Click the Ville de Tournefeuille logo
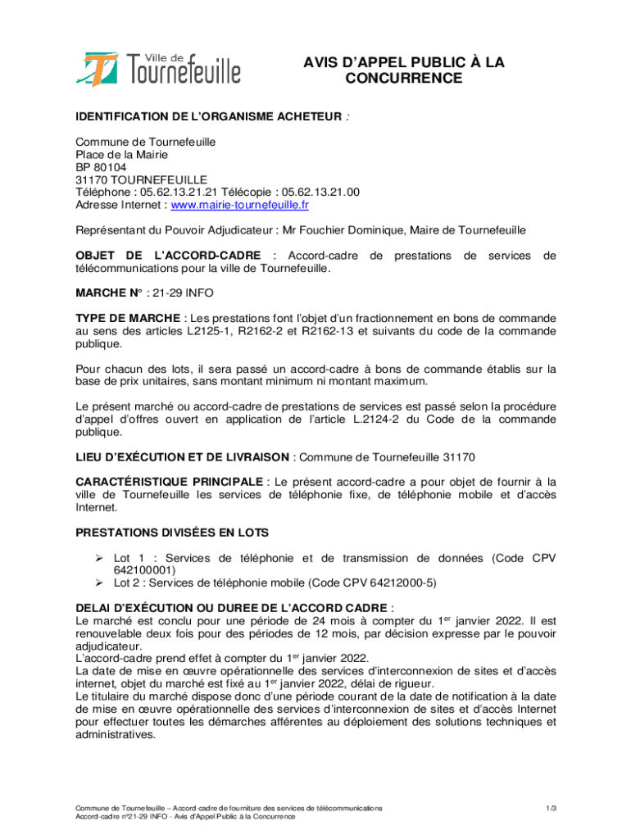[160, 68]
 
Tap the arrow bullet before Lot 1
[98, 558]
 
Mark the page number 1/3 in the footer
[552, 809]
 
